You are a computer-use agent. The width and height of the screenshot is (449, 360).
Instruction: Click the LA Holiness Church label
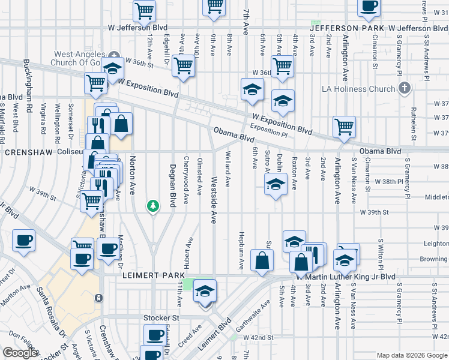point(358,89)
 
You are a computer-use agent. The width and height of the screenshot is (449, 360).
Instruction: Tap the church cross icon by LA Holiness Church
point(405,89)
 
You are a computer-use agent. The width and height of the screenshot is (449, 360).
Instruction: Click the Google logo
point(20,353)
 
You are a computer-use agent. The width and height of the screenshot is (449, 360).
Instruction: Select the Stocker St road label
point(161,317)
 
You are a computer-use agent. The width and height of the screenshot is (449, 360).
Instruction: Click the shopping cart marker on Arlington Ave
point(344,127)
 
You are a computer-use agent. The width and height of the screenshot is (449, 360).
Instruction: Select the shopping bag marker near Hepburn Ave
point(262,260)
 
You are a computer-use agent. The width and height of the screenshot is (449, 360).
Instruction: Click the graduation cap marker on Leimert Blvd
point(205,292)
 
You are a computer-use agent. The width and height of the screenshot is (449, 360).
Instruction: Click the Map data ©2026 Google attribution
point(412,355)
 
